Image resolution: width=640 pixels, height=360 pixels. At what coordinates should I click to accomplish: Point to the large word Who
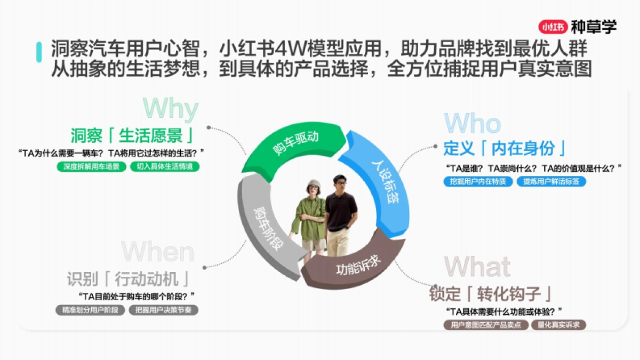pyautogui.click(x=472, y=124)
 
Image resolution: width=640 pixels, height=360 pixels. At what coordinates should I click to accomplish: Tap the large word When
pyautogui.click(x=158, y=252)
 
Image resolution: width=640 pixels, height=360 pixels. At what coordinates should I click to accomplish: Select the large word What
pyautogui.click(x=477, y=266)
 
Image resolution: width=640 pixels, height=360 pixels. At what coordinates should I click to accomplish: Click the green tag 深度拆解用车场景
pyautogui.click(x=91, y=166)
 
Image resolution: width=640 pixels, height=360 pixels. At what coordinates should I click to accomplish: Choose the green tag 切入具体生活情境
pyautogui.click(x=165, y=166)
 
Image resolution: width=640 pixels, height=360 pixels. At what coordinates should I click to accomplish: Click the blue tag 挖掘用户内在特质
pyautogui.click(x=478, y=181)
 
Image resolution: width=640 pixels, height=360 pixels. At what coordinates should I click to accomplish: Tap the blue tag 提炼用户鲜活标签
pyautogui.click(x=551, y=181)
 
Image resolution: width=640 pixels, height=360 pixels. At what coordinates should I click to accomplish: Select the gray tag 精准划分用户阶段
pyautogui.click(x=90, y=310)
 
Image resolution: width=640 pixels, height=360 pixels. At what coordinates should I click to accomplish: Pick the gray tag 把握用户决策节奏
pyautogui.click(x=163, y=310)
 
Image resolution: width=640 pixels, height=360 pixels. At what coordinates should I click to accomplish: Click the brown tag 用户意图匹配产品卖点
pyautogui.click(x=486, y=325)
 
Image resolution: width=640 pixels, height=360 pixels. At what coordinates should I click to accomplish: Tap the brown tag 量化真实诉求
pyautogui.click(x=558, y=325)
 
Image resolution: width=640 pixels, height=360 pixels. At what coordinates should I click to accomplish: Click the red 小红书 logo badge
pyautogui.click(x=553, y=26)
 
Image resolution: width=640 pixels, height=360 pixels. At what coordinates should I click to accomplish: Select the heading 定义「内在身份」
pyautogui.click(x=505, y=148)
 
